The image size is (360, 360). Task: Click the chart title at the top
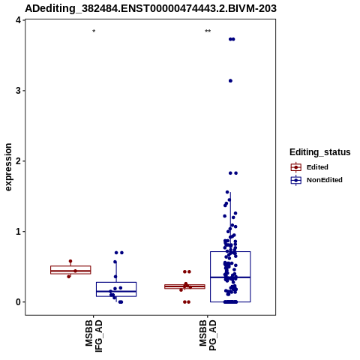151,8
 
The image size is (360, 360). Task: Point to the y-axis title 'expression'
8,167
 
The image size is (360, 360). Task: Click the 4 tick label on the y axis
18,20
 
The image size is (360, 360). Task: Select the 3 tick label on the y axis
18,91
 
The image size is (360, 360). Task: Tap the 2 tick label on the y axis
18,161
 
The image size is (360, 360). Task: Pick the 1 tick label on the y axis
18,232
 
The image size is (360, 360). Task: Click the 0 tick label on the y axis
18,302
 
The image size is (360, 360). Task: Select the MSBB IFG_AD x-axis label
94,336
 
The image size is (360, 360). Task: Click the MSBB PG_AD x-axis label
208,335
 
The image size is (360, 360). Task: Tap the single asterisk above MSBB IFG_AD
94,31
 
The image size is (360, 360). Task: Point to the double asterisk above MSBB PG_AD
208,31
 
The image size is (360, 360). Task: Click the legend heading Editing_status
320,152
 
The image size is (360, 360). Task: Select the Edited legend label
317,167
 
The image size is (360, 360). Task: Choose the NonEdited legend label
325,180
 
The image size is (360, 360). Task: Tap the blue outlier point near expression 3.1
230,81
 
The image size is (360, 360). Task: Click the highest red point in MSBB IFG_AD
70,261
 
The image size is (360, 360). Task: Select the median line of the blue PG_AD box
230,277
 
